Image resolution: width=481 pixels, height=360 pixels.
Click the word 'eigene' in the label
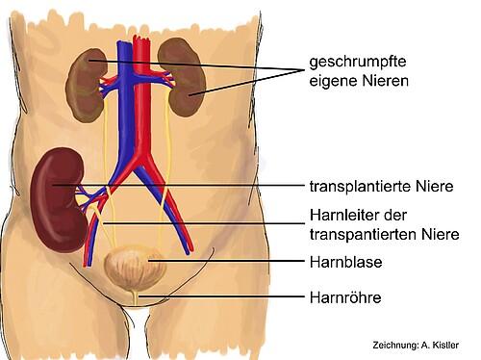(x=330, y=83)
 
